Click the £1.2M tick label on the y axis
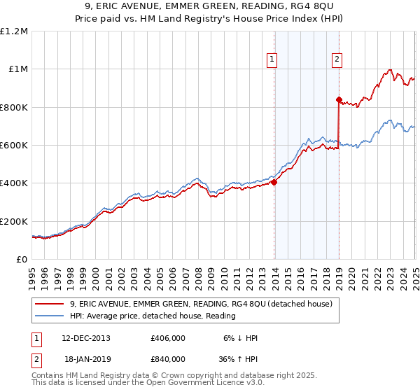point(15,31)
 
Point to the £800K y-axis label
point(14,108)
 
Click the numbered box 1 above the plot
point(272,60)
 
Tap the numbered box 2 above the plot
point(337,60)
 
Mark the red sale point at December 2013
point(274,183)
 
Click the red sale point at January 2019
point(339,100)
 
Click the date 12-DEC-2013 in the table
point(86,337)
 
